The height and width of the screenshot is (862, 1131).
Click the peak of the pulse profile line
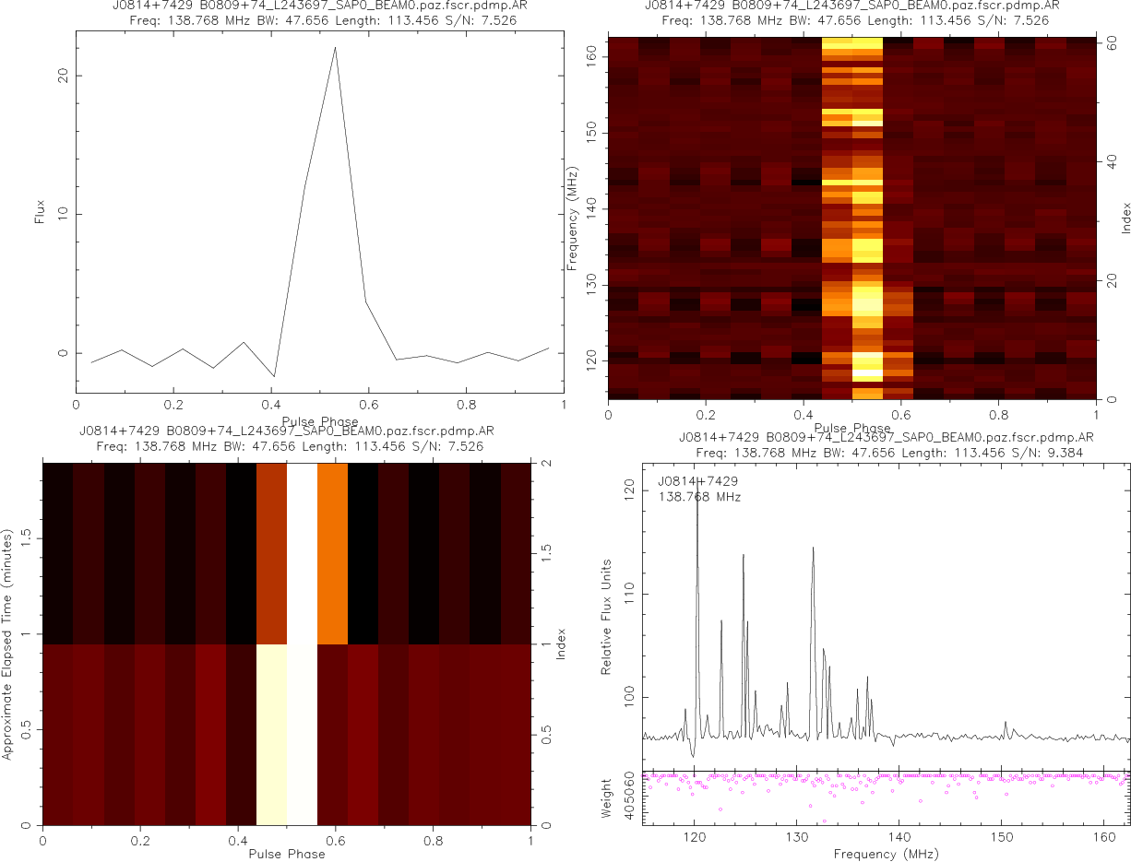335,48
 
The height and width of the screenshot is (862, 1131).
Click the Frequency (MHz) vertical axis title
573,218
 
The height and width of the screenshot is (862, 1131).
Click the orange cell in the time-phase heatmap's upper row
332,552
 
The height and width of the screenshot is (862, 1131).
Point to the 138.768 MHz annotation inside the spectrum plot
699,497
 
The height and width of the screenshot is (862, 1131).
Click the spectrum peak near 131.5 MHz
813,549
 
